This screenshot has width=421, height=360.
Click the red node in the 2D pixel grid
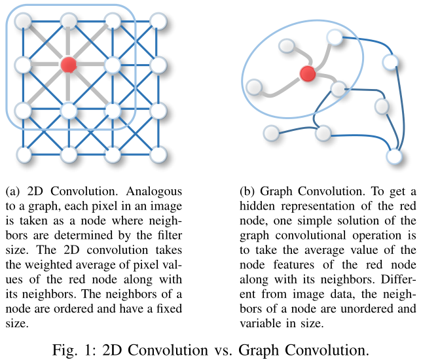(x=68, y=64)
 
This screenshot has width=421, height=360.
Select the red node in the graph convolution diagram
(x=307, y=74)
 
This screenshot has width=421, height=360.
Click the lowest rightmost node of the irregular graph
(x=394, y=158)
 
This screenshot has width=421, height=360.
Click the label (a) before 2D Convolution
(x=12, y=192)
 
